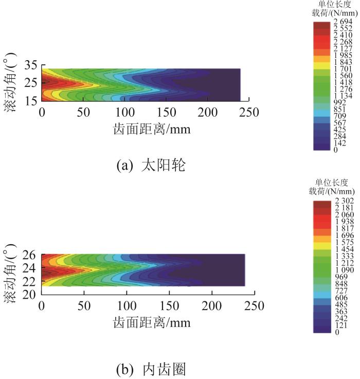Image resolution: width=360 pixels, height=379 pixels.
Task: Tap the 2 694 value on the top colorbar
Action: click(343, 21)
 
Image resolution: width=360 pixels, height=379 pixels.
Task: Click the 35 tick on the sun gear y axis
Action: click(31, 65)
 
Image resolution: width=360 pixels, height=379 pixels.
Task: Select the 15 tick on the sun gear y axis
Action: click(31, 101)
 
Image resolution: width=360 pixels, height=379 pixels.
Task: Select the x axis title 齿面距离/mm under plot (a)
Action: click(151, 129)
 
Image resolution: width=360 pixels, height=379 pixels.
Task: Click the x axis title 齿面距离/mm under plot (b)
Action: click(151, 323)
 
